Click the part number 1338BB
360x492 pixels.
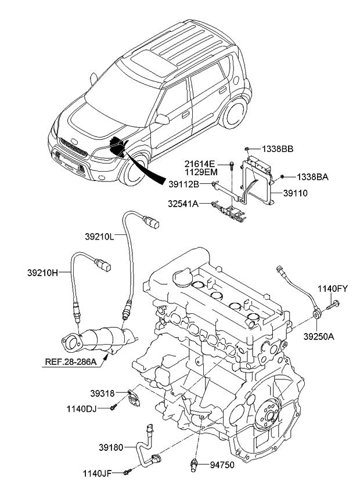tap(276, 149)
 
